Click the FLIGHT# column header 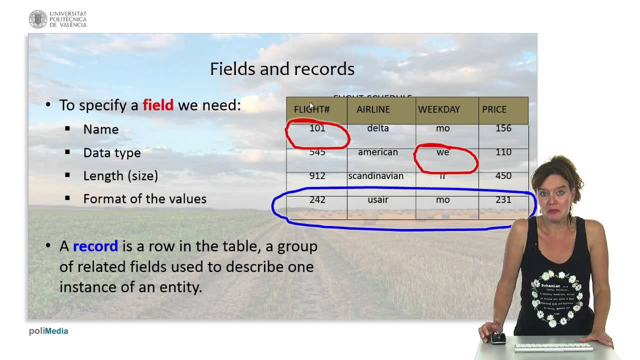[x=311, y=109]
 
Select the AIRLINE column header [x=373, y=109]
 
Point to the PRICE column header [x=494, y=109]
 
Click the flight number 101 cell [x=317, y=128]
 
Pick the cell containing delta [x=378, y=128]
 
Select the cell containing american [x=378, y=152]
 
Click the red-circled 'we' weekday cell [x=443, y=152]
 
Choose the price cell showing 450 [x=503, y=176]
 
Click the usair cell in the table [x=378, y=200]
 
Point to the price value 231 [x=503, y=200]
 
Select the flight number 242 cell [x=317, y=200]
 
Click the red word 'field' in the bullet [x=158, y=105]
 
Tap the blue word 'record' [x=95, y=246]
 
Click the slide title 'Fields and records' [x=282, y=69]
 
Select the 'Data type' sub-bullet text [x=112, y=153]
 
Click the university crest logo [x=38, y=19]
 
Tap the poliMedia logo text [x=48, y=331]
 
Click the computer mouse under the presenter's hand [x=498, y=338]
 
